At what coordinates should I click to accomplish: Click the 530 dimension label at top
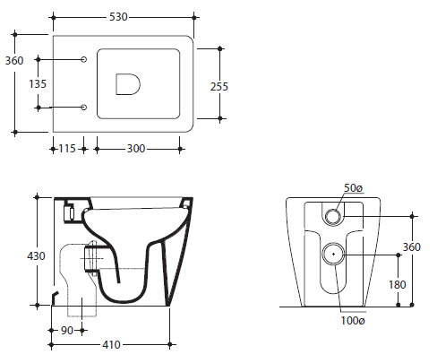point(118,17)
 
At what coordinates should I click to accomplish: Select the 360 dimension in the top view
point(14,61)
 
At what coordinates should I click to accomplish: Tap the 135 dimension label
point(38,84)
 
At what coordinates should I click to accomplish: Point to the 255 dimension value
point(219,87)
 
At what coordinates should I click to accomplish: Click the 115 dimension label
point(67,149)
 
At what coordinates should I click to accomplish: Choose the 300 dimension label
point(136,149)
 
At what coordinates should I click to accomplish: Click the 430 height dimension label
point(36,256)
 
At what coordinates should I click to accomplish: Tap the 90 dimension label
point(67,331)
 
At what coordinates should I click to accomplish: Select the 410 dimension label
point(111,345)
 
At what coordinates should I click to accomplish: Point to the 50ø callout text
point(353,188)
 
